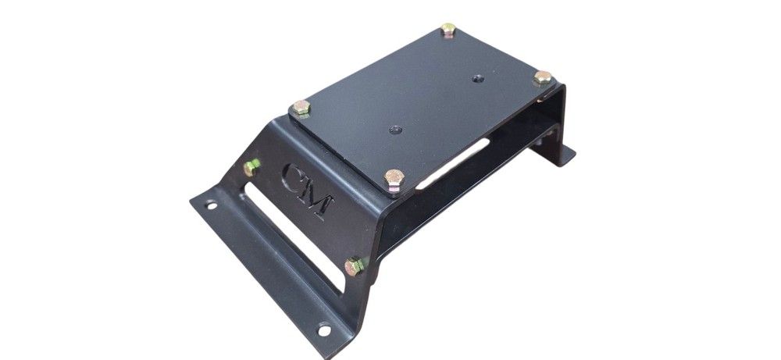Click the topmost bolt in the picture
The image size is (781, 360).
(x=448, y=30)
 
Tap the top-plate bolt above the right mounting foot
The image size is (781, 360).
(x=542, y=77)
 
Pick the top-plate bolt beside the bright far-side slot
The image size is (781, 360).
(x=394, y=178)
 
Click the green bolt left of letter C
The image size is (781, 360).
(x=252, y=166)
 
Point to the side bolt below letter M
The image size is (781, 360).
(x=355, y=266)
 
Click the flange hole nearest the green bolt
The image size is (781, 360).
(x=210, y=206)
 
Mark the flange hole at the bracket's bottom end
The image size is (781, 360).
(x=323, y=330)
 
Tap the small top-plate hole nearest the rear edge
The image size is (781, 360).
(x=478, y=78)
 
